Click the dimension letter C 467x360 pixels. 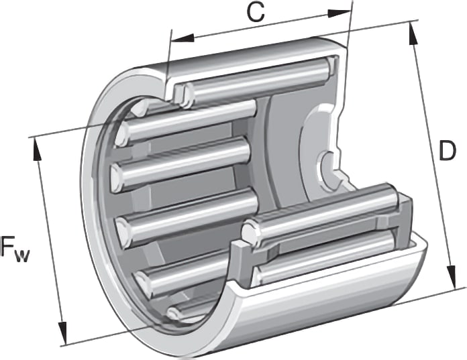[256, 13]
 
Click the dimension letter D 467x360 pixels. [448, 151]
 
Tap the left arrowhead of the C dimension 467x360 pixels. [183, 38]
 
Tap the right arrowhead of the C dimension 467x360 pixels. [339, 13]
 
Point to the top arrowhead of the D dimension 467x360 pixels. [413, 34]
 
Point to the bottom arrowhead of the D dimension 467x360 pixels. [452, 277]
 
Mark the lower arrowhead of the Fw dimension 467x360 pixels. [63, 333]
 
